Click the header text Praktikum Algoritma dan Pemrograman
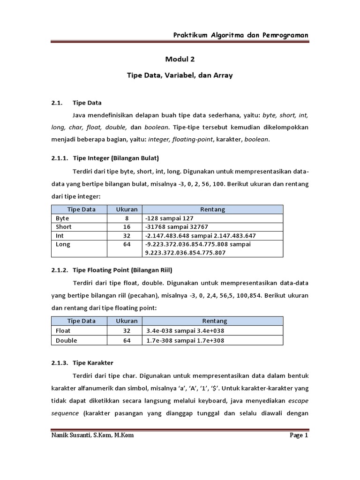pos(240,35)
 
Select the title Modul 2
pos(180,60)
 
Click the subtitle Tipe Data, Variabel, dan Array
pos(180,75)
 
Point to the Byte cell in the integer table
pos(62,218)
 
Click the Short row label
pos(63,227)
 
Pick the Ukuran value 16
pos(124,227)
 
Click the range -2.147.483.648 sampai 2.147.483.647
pos(200,235)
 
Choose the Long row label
pos(63,244)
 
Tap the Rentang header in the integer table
pos(212,210)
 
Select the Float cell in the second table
pos(63,330)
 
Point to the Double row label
pos(66,340)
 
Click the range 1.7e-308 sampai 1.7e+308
pos(185,340)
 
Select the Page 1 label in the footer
pos(299,435)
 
